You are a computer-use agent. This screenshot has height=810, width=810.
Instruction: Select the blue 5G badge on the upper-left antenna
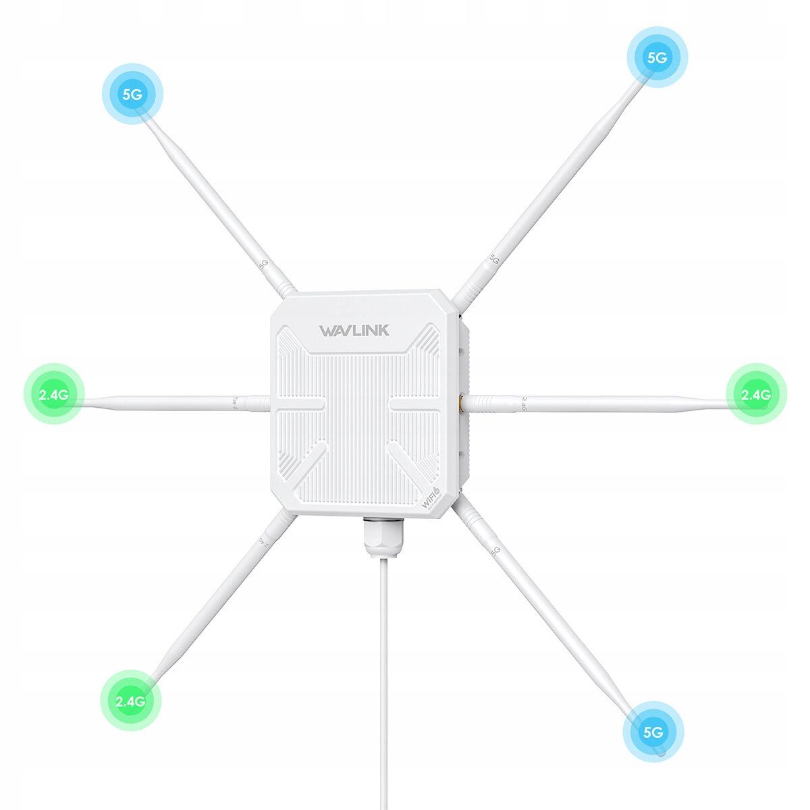click(x=132, y=94)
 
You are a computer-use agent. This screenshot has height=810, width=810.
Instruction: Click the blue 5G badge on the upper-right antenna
click(x=657, y=57)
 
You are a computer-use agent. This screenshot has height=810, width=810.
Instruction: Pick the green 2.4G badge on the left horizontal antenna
click(x=53, y=394)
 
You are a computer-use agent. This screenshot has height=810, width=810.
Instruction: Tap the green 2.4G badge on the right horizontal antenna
click(x=756, y=394)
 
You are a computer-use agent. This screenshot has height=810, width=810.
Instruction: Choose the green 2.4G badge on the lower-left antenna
click(x=130, y=701)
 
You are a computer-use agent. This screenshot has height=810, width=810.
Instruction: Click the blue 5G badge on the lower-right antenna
click(x=653, y=732)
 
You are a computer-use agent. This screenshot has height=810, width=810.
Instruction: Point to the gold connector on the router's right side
click(x=460, y=404)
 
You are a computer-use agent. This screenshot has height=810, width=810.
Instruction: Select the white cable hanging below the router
click(x=383, y=675)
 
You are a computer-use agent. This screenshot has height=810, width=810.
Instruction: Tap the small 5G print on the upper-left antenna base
click(x=265, y=263)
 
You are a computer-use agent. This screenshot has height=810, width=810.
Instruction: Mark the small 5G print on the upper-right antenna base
click(x=493, y=259)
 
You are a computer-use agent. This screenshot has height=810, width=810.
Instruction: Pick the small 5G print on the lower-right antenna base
click(x=495, y=550)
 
